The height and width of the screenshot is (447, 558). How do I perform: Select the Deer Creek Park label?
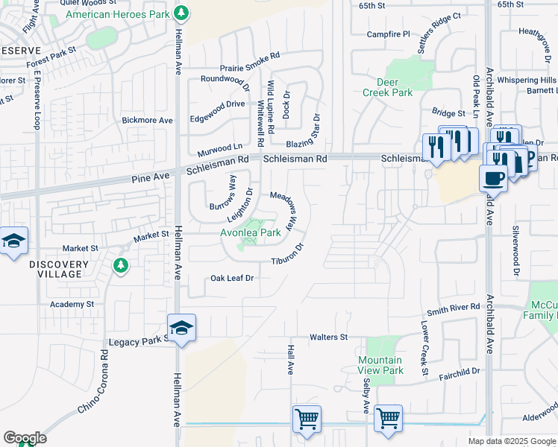click(x=387, y=87)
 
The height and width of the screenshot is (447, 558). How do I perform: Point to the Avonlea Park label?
click(x=250, y=232)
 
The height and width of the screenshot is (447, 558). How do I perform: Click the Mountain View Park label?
click(x=380, y=365)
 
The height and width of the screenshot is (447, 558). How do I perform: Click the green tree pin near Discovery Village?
click(x=120, y=265)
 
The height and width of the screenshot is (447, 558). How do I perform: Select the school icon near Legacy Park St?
click(x=181, y=329)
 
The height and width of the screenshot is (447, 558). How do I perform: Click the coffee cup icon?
click(x=493, y=178)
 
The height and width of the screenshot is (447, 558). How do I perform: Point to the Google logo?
click(x=25, y=438)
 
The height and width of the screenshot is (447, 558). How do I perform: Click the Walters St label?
click(x=328, y=337)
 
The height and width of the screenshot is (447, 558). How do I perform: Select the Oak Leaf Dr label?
click(x=232, y=278)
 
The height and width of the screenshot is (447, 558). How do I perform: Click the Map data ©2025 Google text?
click(x=511, y=441)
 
